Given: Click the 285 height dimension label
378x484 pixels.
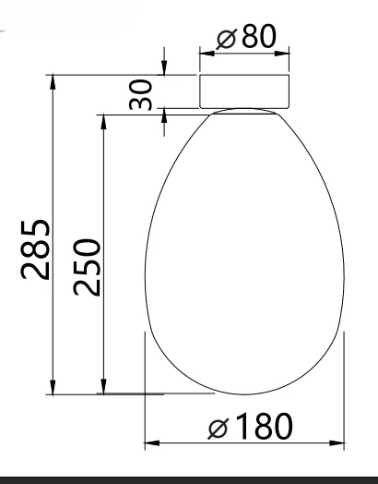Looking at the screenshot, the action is (35, 249).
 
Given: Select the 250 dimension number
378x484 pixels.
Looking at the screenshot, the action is (87, 267).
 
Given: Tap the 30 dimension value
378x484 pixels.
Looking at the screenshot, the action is (140, 95).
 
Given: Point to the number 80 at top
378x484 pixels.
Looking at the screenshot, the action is (259, 36).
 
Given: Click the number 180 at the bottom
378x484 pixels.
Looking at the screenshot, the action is (264, 427).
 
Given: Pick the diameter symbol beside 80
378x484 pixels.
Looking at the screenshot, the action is (227, 39).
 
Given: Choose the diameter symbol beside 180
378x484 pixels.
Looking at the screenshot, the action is (219, 429).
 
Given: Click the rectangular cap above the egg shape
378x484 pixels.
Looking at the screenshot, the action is (244, 91).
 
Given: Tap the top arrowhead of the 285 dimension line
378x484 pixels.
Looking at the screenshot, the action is (53, 82).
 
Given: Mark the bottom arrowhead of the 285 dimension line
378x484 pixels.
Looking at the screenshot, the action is (53, 387).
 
